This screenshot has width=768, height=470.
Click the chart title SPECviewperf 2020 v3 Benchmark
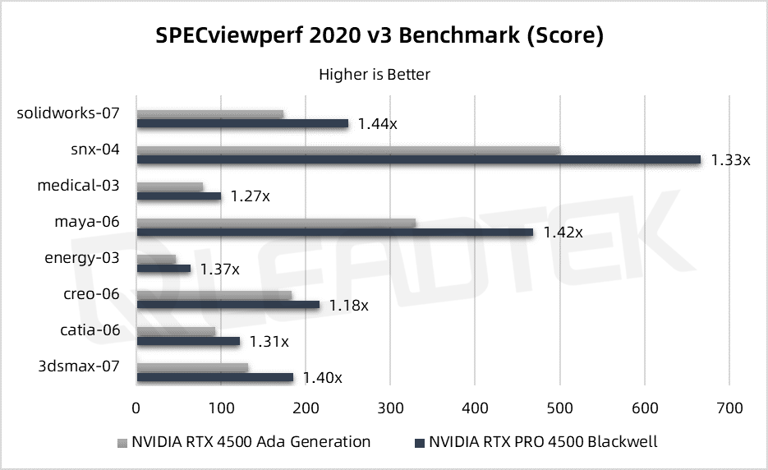click(379, 35)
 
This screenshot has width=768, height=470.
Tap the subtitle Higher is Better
click(375, 74)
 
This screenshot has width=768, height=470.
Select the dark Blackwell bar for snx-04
click(419, 159)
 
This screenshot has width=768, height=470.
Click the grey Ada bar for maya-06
click(276, 223)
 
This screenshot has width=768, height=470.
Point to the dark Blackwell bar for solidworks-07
click(242, 123)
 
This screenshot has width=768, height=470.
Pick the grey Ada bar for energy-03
click(156, 259)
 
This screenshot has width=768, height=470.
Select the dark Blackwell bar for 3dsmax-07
click(215, 377)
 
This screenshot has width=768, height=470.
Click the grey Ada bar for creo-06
click(214, 295)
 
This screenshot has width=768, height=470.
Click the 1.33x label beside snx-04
click(730, 159)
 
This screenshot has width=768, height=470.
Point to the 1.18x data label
click(348, 305)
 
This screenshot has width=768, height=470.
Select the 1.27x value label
click(250, 196)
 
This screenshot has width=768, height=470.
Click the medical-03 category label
click(78, 185)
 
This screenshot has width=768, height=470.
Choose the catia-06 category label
click(90, 330)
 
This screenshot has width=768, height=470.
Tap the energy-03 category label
click(81, 258)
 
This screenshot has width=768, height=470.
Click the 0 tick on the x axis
click(136, 407)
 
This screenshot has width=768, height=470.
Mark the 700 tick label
click(729, 407)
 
